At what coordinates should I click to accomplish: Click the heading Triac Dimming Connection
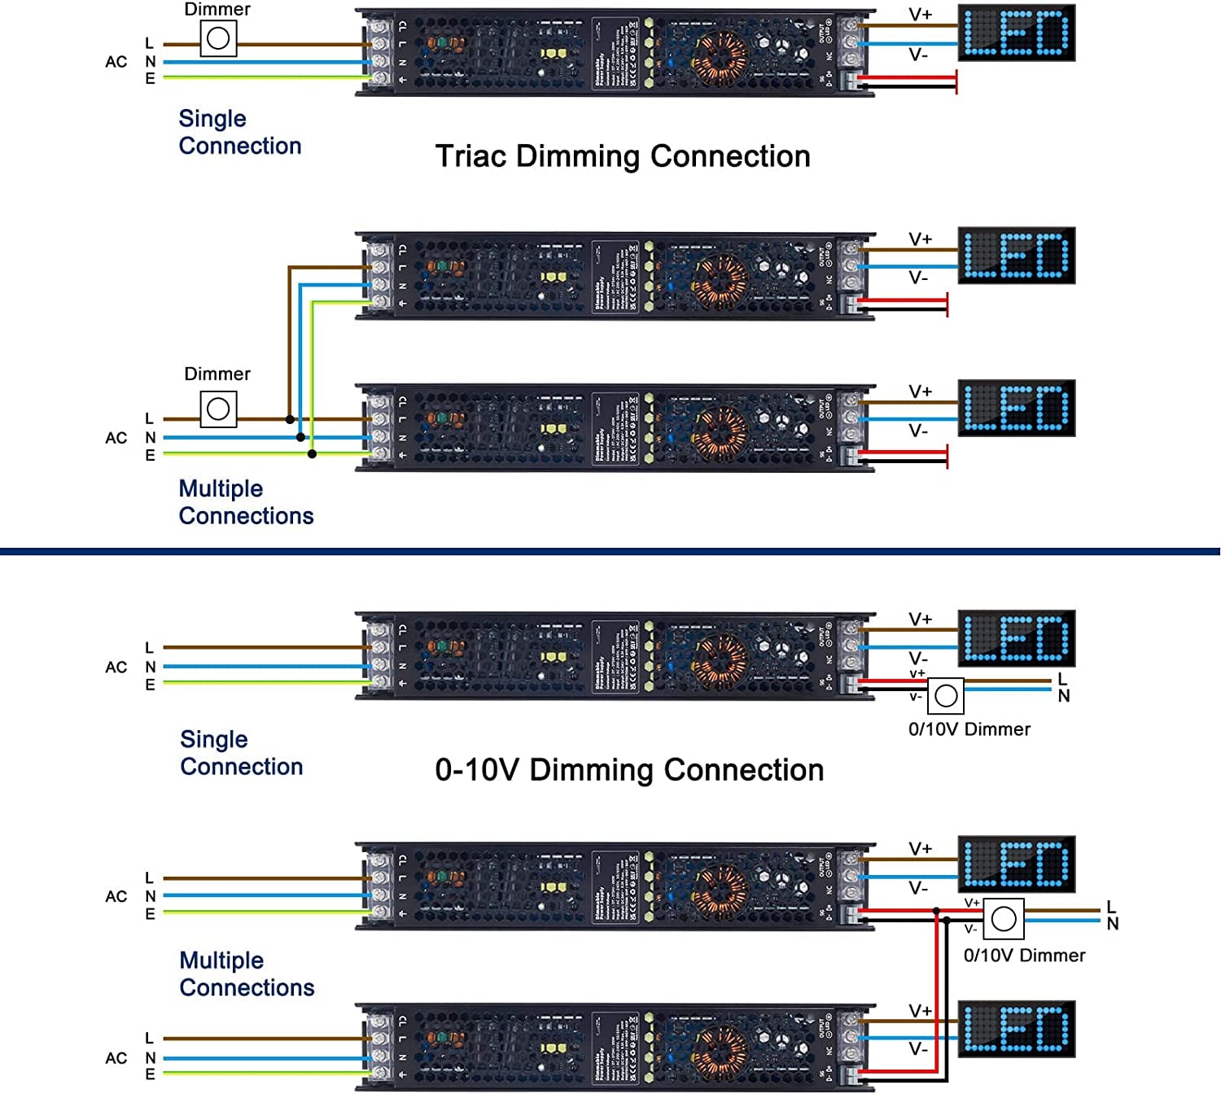tap(623, 156)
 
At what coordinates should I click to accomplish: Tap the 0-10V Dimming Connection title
tap(629, 770)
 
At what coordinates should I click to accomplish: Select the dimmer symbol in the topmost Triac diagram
tap(218, 38)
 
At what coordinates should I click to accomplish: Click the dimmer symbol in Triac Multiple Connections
tap(218, 409)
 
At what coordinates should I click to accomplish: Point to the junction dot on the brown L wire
tap(290, 419)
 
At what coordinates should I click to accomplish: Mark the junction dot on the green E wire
tap(312, 453)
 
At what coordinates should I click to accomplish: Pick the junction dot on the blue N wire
tap(301, 437)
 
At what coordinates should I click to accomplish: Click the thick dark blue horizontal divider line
tap(610, 552)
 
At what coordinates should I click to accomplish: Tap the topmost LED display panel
tap(1017, 33)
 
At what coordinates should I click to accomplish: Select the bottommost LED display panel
tap(1017, 1029)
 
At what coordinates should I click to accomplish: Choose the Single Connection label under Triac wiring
tap(239, 132)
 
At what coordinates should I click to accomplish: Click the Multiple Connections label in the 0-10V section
tap(247, 974)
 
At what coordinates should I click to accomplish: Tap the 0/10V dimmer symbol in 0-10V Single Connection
tap(946, 696)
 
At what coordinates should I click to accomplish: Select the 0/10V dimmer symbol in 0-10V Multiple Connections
tap(1004, 919)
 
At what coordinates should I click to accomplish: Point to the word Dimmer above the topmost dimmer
tap(217, 10)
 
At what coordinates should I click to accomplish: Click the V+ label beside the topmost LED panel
tap(921, 15)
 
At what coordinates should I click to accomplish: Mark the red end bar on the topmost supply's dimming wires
tap(956, 82)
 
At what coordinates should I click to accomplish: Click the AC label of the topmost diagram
tap(116, 62)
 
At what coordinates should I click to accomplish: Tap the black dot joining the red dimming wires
tap(937, 912)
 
